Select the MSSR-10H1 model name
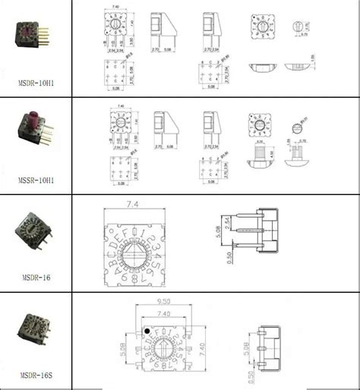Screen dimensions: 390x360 point(35,182)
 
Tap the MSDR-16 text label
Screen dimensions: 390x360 point(35,278)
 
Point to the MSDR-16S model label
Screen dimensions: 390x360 point(35,374)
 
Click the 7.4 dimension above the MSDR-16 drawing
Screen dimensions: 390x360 point(133,205)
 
